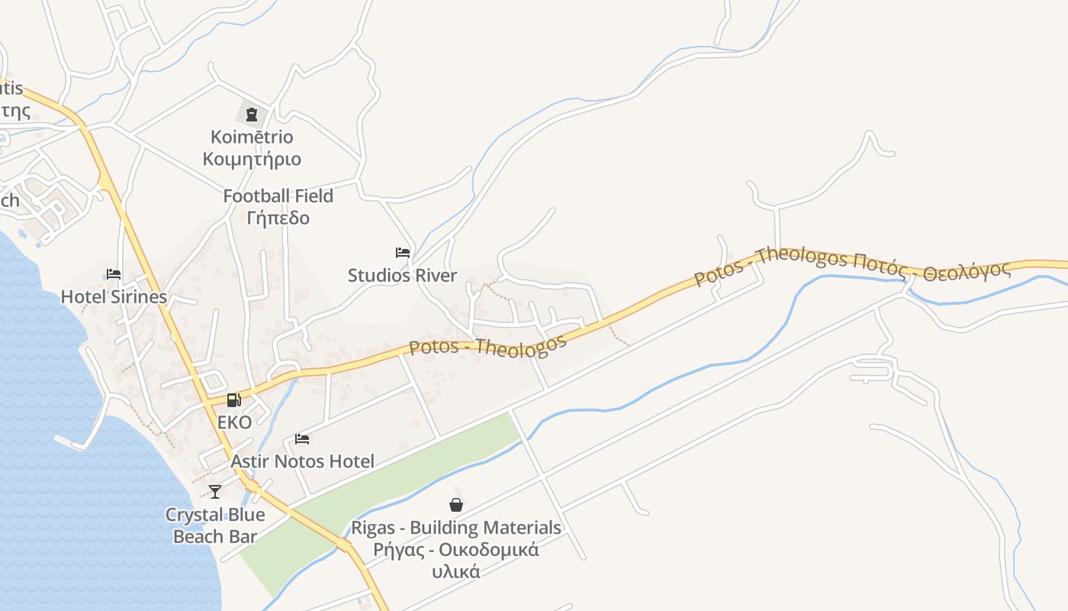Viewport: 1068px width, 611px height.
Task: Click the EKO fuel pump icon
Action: [233, 399]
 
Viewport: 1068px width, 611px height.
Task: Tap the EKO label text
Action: [234, 422]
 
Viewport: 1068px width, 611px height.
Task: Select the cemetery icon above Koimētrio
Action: [252, 115]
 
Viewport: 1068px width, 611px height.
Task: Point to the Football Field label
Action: [278, 196]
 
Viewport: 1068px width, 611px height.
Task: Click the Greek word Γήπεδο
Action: [278, 218]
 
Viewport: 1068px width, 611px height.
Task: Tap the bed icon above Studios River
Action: [403, 253]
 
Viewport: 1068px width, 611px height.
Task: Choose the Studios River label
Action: [402, 276]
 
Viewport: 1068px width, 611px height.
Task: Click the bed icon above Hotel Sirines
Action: [114, 274]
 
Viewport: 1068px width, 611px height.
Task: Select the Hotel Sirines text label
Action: [114, 297]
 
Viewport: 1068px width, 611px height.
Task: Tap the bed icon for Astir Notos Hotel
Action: [302, 439]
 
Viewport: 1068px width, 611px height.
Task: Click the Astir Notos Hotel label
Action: [302, 461]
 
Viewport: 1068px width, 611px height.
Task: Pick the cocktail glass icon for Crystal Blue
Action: [215, 492]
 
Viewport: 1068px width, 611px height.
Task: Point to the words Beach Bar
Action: [215, 537]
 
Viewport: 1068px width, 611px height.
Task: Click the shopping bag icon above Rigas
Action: [456, 505]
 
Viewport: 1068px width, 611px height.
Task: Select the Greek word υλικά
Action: [456, 571]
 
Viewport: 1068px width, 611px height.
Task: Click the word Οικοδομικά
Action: [489, 550]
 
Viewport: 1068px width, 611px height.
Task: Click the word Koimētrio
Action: [252, 137]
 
